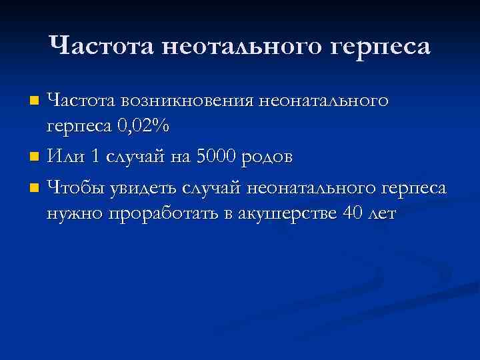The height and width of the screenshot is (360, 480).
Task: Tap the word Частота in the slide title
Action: (x=102, y=46)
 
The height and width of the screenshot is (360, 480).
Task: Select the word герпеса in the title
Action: (x=381, y=47)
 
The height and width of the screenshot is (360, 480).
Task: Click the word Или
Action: (x=66, y=157)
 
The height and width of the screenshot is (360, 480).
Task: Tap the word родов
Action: (x=268, y=158)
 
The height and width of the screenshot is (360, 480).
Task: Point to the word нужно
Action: (x=71, y=213)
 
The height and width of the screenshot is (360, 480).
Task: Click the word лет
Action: (x=380, y=213)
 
